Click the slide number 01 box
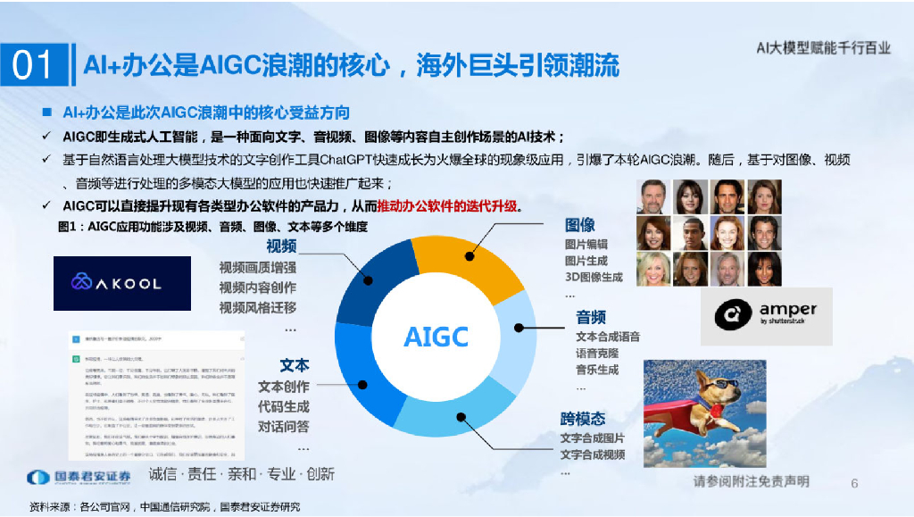click(x=34, y=65)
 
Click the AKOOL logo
click(x=122, y=283)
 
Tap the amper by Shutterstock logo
click(x=766, y=315)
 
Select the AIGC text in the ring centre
click(x=436, y=337)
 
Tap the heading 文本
click(x=295, y=365)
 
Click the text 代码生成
click(x=284, y=406)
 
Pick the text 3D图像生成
click(x=594, y=277)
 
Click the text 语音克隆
click(x=597, y=353)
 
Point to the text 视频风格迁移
click(x=258, y=307)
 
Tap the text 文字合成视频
click(x=593, y=454)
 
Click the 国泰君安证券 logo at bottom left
click(x=79, y=477)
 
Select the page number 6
click(x=854, y=483)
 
